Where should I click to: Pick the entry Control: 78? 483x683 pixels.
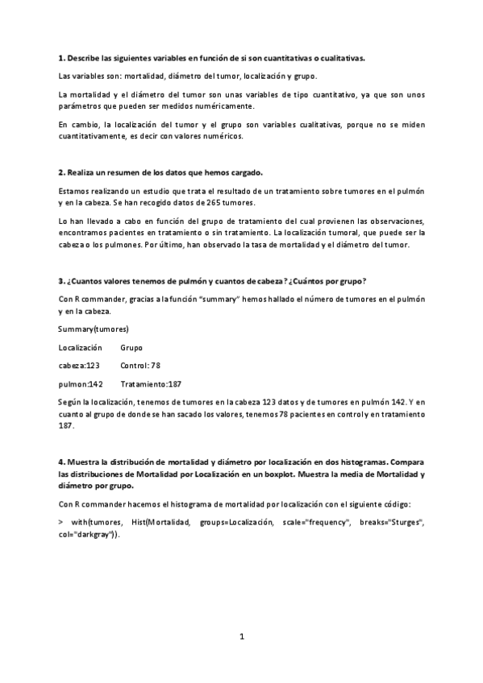click(x=140, y=364)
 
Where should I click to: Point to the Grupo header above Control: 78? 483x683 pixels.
click(x=131, y=347)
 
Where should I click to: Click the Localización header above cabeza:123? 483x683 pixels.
click(x=81, y=347)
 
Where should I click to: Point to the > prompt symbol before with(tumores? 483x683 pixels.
click(x=61, y=523)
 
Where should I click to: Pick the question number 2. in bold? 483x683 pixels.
click(x=62, y=172)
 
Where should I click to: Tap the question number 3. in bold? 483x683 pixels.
click(x=62, y=280)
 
